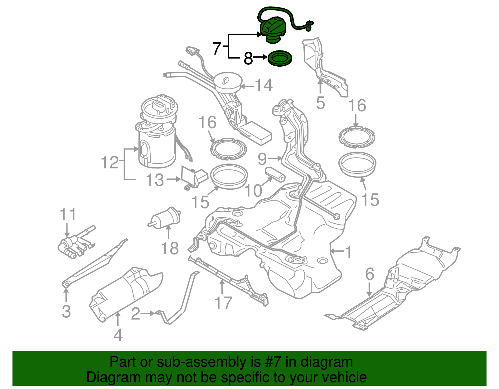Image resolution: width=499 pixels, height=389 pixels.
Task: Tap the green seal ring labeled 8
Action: [x=280, y=59]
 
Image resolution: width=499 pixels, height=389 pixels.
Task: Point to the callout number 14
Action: [x=264, y=85]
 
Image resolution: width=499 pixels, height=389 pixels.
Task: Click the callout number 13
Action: [x=155, y=180]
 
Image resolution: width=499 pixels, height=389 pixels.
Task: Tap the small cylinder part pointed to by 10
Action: [x=275, y=175]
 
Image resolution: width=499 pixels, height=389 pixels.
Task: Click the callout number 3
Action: [x=66, y=311]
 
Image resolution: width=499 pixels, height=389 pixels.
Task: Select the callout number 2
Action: [x=135, y=314]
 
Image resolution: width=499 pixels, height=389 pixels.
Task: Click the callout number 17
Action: [x=223, y=303]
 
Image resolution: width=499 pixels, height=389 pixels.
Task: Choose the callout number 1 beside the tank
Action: [x=348, y=252]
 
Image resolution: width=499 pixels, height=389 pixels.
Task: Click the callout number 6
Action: [x=370, y=274]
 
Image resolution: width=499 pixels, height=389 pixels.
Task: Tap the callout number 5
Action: [x=320, y=103]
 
